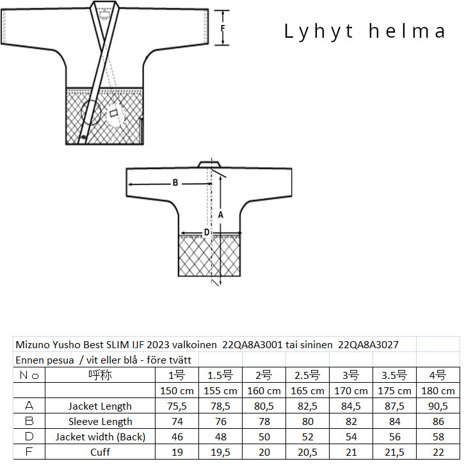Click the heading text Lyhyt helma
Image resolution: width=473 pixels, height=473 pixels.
[x=365, y=31]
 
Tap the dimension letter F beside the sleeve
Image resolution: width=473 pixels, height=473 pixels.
[x=223, y=28]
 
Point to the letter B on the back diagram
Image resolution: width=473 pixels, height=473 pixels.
[x=175, y=183]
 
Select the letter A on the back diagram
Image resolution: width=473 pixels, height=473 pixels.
[x=221, y=215]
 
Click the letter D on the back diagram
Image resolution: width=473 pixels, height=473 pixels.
[x=207, y=232]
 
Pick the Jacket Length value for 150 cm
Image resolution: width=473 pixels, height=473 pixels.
[x=177, y=406]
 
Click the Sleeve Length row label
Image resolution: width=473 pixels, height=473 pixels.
[x=100, y=421]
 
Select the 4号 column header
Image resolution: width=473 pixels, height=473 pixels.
[x=438, y=375]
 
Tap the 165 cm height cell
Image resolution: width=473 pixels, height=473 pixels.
[x=307, y=390]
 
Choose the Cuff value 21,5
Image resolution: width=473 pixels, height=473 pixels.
[x=394, y=452]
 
